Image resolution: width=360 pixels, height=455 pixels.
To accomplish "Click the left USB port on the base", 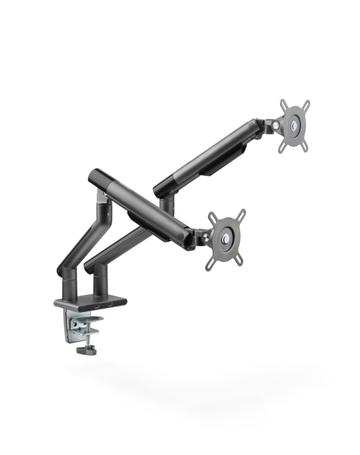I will [96, 308].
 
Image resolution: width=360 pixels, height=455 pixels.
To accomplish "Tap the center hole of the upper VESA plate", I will [296, 126].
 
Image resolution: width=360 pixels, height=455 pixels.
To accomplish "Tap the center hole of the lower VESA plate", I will [226, 239].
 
